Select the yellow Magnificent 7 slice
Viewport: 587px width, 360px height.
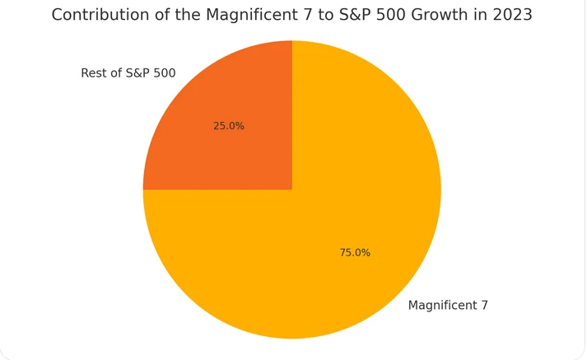click(329, 247)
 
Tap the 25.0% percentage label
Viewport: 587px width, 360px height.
click(229, 126)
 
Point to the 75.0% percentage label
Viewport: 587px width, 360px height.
click(355, 253)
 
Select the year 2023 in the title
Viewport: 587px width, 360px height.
click(512, 15)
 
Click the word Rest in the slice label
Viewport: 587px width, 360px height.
click(94, 73)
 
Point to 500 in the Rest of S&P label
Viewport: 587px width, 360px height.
click(164, 73)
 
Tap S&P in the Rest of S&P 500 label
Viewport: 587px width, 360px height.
click(136, 73)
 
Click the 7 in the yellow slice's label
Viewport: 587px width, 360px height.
click(484, 306)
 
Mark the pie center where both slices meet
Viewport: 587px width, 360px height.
click(292, 189)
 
